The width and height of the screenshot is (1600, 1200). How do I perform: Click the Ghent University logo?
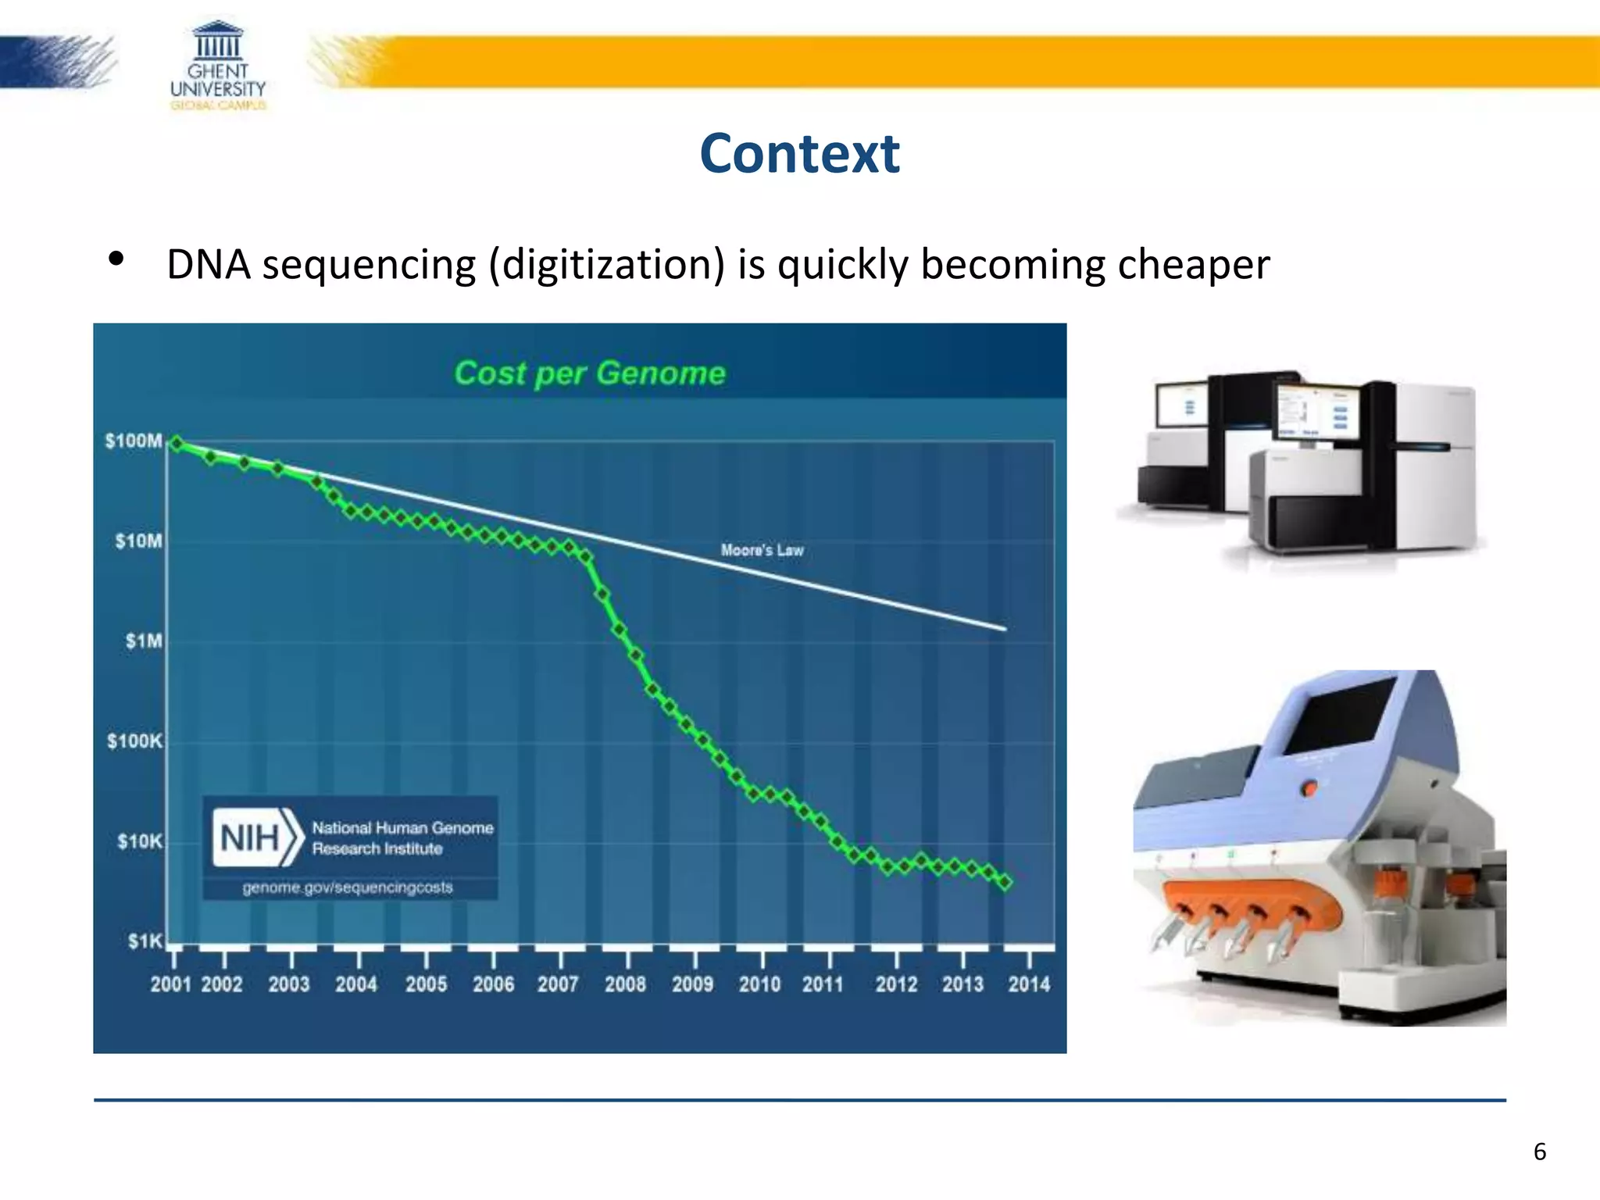[218, 66]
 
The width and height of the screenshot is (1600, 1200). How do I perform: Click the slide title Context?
[799, 153]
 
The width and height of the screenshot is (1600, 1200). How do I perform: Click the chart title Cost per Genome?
[590, 373]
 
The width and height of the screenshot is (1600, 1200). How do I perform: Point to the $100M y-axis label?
[134, 441]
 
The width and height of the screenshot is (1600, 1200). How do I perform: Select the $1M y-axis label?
[144, 641]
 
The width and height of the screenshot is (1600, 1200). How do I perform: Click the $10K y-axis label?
[140, 841]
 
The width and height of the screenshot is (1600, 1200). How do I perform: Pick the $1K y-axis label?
[145, 941]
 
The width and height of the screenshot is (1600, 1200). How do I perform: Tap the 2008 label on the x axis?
[625, 984]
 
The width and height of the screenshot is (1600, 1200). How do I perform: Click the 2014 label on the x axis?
[1029, 984]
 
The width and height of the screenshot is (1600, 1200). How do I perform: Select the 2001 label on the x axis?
[171, 984]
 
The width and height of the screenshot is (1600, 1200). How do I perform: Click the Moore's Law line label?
[762, 550]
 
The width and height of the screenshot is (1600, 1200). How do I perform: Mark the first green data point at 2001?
[177, 444]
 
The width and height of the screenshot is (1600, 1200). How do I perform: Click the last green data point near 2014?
[1005, 882]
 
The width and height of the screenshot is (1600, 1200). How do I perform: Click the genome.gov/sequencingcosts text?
[348, 887]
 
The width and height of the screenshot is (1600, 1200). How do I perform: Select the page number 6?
[1539, 1152]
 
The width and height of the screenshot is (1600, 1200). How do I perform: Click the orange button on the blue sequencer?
[1310, 787]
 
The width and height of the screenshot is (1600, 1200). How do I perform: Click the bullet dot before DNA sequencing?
[116, 259]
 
